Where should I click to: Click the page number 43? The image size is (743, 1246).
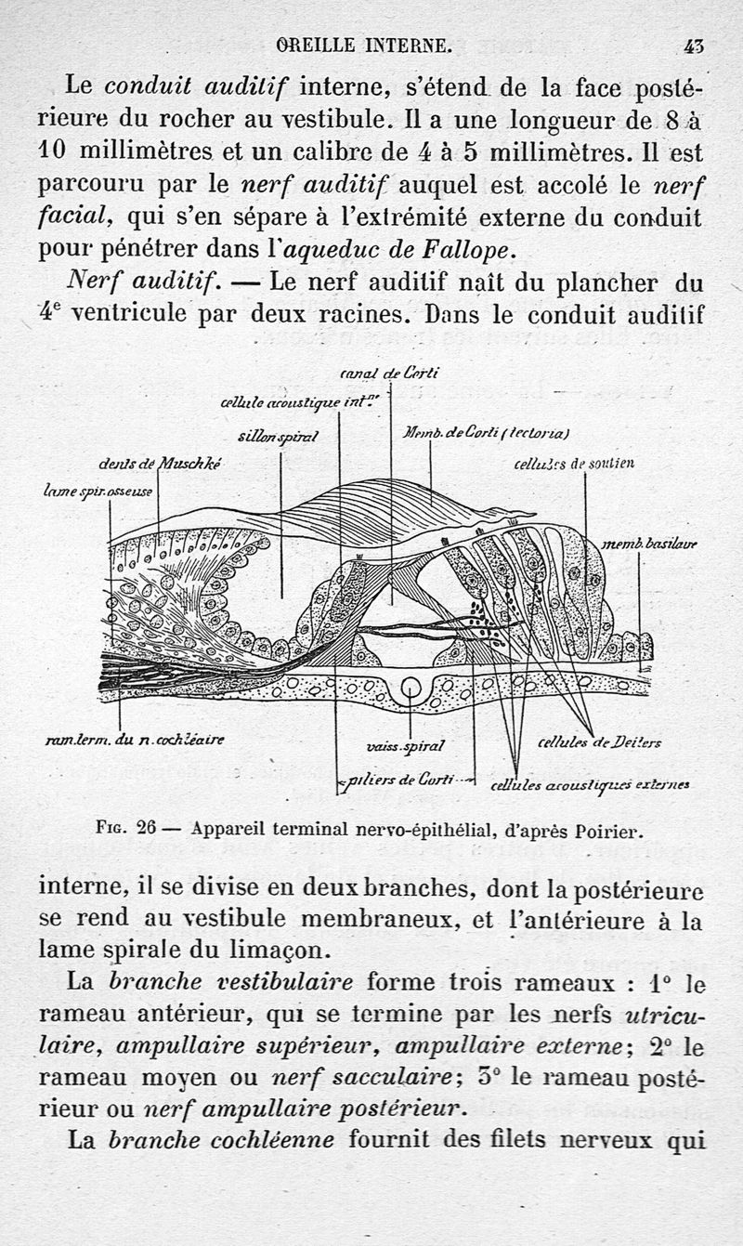pos(693,44)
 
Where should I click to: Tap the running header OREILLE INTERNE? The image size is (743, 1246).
pos(364,44)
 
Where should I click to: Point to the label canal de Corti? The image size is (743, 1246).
pos(390,374)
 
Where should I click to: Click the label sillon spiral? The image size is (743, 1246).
pos(278,436)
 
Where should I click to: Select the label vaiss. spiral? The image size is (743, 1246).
pos(407,745)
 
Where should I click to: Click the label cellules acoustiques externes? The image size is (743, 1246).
pos(590,786)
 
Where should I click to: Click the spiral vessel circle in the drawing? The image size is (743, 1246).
pos(410,689)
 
